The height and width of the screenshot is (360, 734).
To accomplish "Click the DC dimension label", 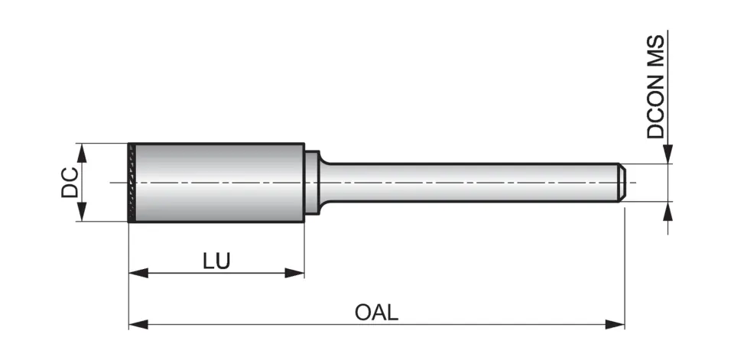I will click(x=70, y=183).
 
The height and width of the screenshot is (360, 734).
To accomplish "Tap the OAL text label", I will click(x=376, y=313).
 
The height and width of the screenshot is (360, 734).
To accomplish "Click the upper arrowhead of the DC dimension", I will click(x=82, y=152).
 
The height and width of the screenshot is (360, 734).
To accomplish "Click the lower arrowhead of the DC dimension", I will click(x=82, y=213).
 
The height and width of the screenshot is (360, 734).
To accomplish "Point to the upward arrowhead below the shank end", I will click(x=668, y=211).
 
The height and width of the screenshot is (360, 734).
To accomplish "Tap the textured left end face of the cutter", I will click(x=132, y=183).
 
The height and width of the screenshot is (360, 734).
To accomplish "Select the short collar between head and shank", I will click(x=311, y=183).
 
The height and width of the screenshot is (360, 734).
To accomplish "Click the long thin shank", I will click(x=466, y=183).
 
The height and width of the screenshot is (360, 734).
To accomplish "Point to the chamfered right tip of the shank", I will click(x=622, y=183).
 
